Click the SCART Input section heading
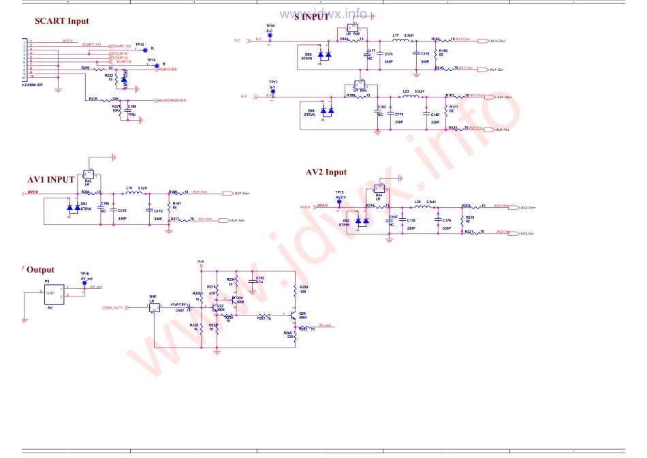click(x=62, y=21)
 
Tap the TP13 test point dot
click(x=145, y=49)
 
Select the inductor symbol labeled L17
click(x=400, y=41)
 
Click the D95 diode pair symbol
click(x=325, y=55)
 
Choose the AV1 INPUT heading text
click(x=50, y=180)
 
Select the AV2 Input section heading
click(x=326, y=172)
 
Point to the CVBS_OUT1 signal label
click(x=116, y=307)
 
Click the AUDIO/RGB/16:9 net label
click(x=172, y=100)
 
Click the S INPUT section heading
click(x=312, y=17)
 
